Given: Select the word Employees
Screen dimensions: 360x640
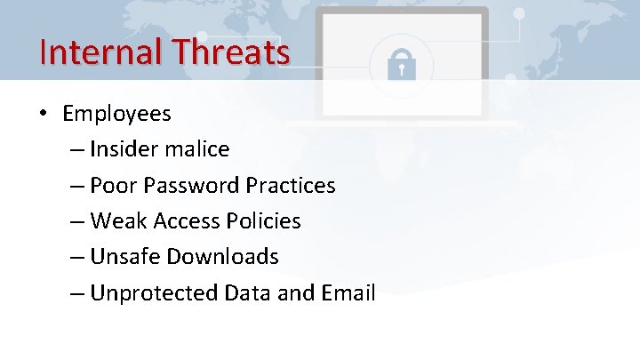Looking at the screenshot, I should point(116,114).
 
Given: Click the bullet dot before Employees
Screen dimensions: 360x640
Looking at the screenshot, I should point(43,115).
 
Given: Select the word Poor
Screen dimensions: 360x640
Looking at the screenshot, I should point(112,185).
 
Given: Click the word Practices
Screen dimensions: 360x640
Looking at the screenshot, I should point(291,185).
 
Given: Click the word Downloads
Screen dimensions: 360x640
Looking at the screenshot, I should point(222,256).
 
